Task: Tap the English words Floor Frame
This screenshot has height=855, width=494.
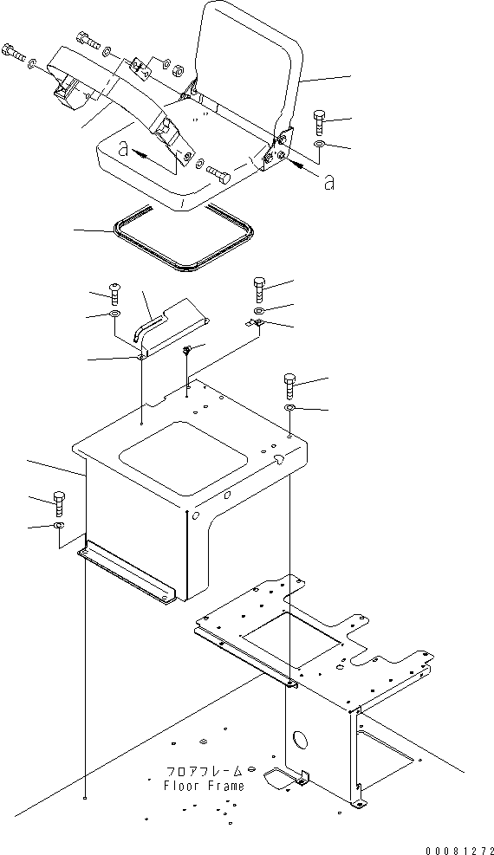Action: tap(204, 786)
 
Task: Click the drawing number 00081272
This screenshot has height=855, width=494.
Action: tap(459, 850)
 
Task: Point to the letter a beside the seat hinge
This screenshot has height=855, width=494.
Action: tap(328, 184)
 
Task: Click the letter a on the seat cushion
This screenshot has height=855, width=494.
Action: tap(124, 149)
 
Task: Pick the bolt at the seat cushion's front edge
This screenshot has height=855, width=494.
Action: tap(218, 174)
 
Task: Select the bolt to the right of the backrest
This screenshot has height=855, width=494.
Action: tap(320, 123)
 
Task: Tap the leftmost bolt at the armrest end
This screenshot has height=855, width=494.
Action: tap(14, 52)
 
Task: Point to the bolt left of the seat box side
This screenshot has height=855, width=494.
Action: tap(60, 504)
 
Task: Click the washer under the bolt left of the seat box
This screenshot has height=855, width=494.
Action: tap(59, 525)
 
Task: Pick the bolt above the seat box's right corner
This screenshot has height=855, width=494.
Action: tap(289, 386)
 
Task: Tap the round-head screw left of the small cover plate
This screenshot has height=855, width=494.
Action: tap(114, 295)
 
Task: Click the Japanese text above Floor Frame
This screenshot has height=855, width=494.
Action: tap(204, 772)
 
